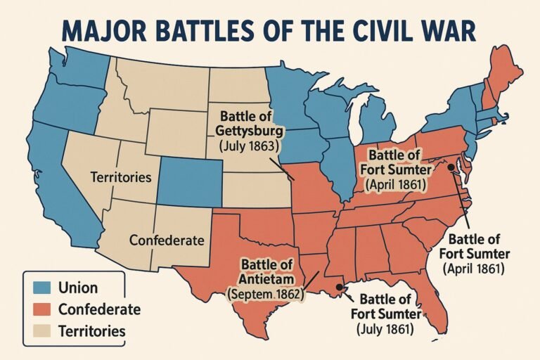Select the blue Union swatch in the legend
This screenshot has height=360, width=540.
tap(41, 288)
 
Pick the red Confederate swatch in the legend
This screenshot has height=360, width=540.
tap(41, 309)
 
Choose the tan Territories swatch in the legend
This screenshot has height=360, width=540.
tap(41, 330)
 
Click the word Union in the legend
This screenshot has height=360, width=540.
tap(78, 288)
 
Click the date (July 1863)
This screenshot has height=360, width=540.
tap(250, 147)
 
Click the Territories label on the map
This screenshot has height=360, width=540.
tap(121, 178)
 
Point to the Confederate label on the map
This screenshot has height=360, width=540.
tap(167, 240)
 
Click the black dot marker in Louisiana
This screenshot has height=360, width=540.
tap(342, 287)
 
